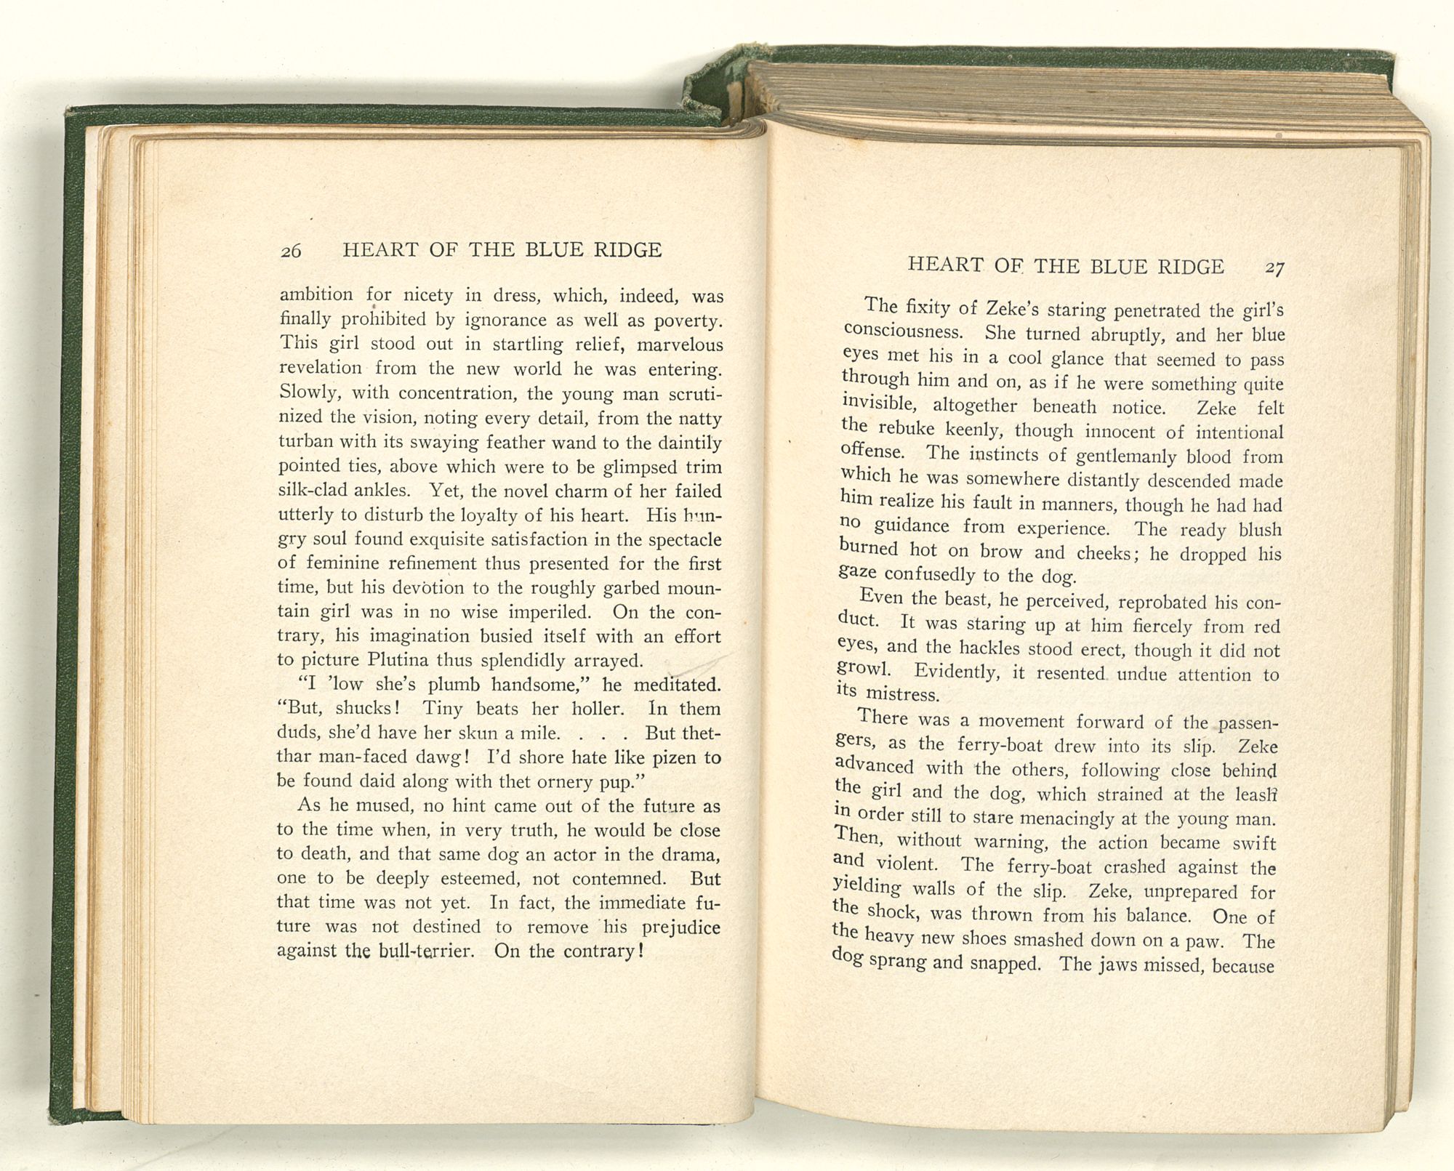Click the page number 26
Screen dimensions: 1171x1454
pos(291,251)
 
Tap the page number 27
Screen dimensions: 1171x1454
pos(1274,268)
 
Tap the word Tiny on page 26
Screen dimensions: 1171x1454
pos(443,709)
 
